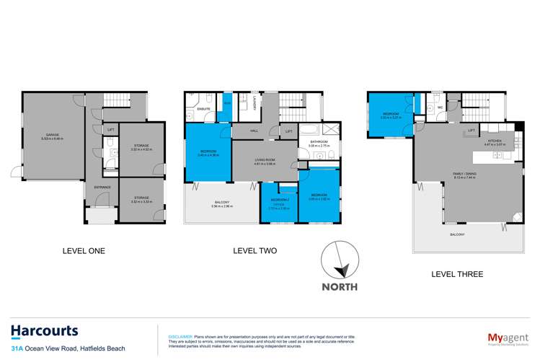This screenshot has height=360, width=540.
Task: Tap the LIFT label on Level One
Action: coord(110,130)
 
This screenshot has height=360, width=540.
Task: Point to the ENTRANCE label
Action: coord(101,188)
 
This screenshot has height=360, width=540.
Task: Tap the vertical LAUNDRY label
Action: coord(254,103)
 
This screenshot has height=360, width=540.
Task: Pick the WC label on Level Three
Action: coord(439,108)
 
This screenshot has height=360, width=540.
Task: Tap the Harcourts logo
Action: coord(44,331)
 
